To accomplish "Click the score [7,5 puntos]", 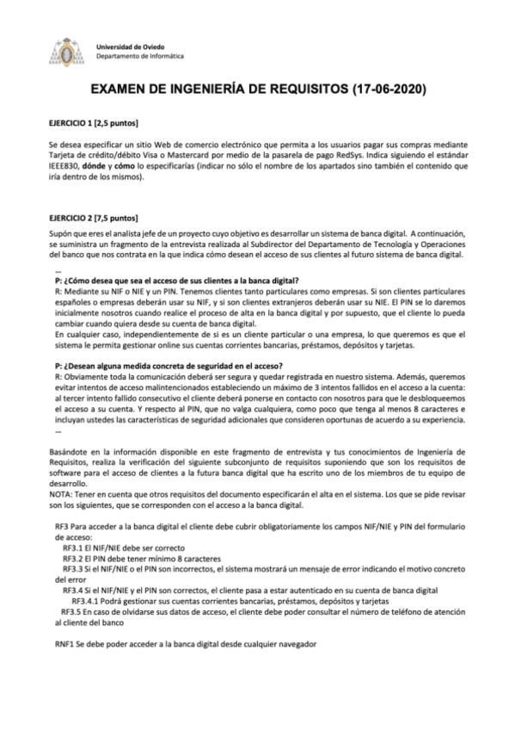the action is (x=117, y=217).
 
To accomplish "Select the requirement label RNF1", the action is (x=63, y=642).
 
